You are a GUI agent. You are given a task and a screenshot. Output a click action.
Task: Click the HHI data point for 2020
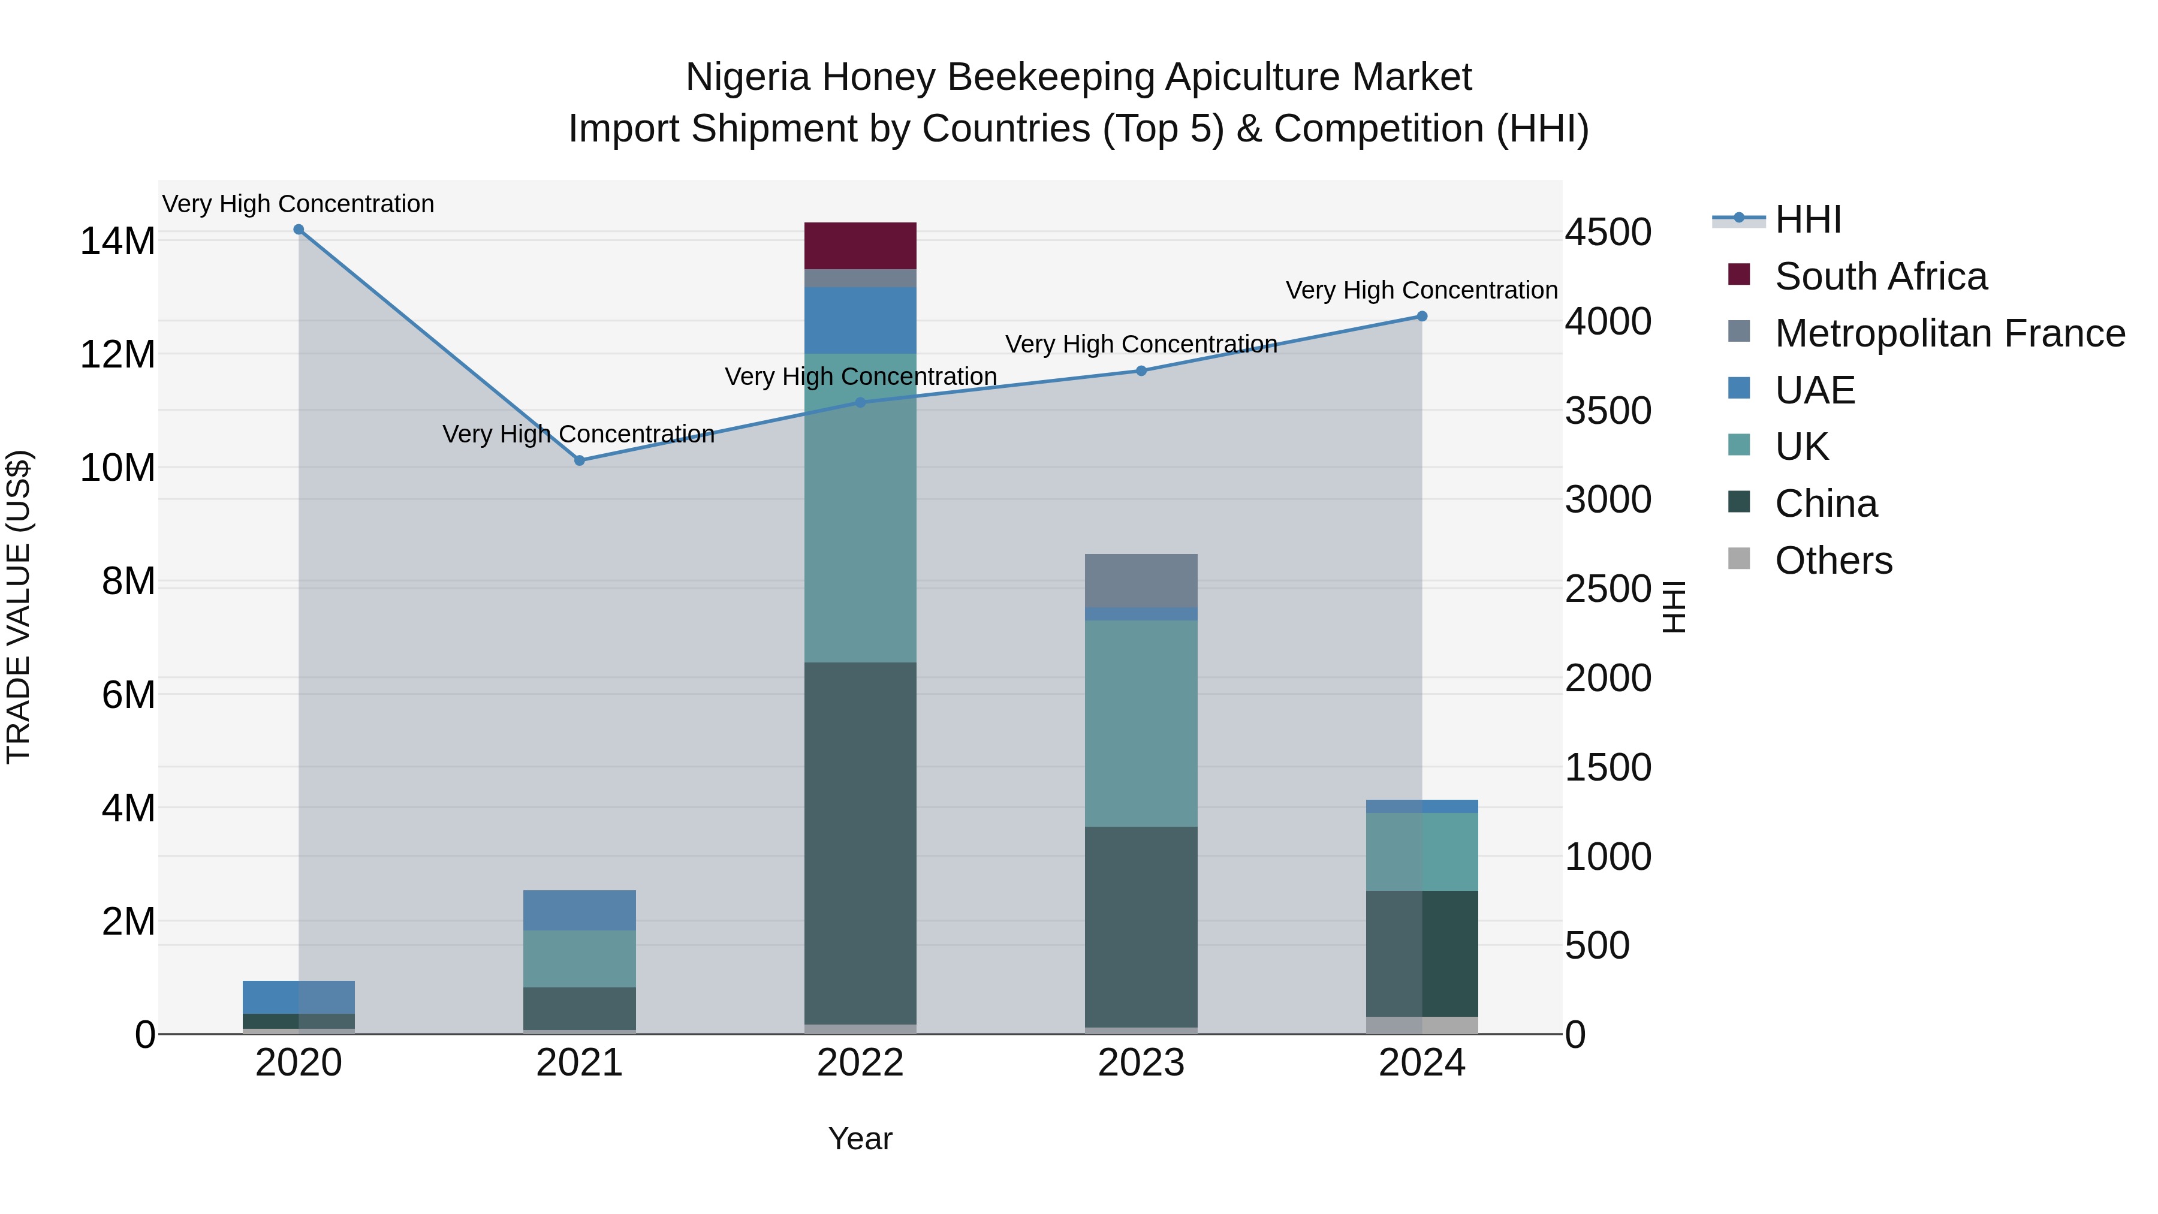299,230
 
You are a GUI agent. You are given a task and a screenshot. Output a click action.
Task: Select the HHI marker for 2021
579,460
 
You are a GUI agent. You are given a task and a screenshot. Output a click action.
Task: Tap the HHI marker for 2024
1422,317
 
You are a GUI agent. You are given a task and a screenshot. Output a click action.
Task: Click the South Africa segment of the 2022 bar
860,245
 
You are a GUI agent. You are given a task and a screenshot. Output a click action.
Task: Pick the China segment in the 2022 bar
860,842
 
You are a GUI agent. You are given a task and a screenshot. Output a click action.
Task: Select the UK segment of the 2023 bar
1141,723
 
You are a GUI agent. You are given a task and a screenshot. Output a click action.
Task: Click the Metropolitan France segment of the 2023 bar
1141,580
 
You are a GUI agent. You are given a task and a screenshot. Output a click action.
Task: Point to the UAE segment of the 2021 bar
579,910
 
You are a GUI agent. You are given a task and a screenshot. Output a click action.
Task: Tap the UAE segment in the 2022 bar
860,320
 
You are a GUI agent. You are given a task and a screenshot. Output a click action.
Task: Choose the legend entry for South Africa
1880,276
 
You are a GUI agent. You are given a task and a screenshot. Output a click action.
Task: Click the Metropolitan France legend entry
1949,333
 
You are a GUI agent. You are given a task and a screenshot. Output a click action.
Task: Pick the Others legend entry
1833,561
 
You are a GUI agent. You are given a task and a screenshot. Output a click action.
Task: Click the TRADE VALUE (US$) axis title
19,607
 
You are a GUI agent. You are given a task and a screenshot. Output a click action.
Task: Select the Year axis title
860,1138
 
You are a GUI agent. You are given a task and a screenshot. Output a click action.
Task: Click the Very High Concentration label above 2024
1422,290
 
